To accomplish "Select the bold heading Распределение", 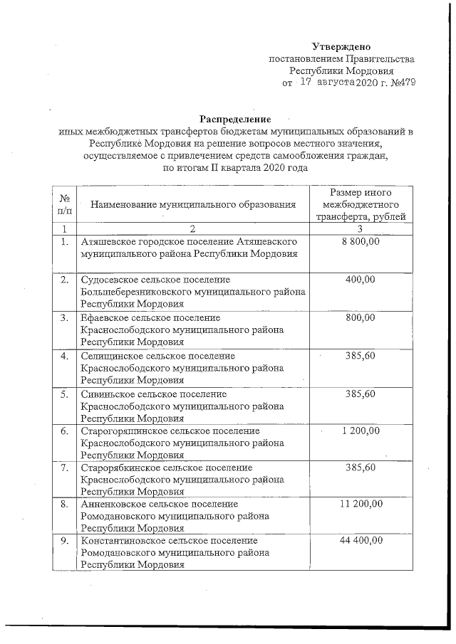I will (x=235, y=118).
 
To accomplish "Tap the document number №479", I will (x=400, y=83).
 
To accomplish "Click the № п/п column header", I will (x=64, y=205).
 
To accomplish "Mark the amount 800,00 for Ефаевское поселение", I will (x=360, y=317).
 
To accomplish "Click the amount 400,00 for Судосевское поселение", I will (x=360, y=280).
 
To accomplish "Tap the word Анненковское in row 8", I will (x=114, y=504).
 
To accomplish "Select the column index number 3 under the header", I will (x=360, y=228).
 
